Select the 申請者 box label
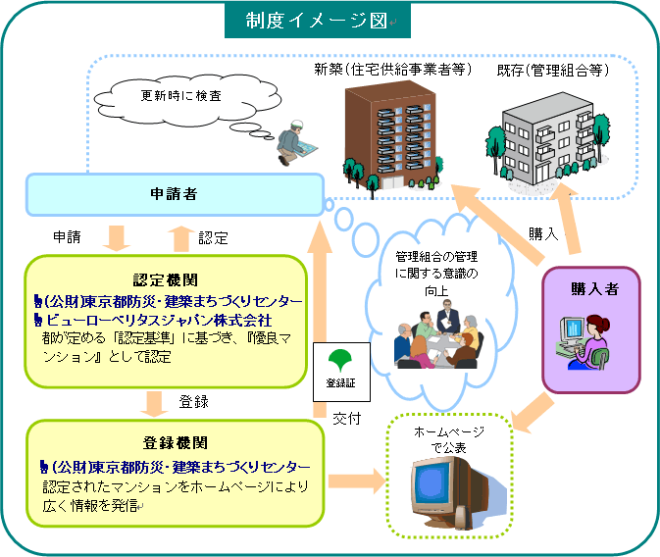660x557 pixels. click(x=177, y=194)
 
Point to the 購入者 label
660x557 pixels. click(x=592, y=288)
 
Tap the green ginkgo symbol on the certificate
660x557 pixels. click(x=343, y=358)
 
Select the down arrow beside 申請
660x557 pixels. click(x=117, y=236)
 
